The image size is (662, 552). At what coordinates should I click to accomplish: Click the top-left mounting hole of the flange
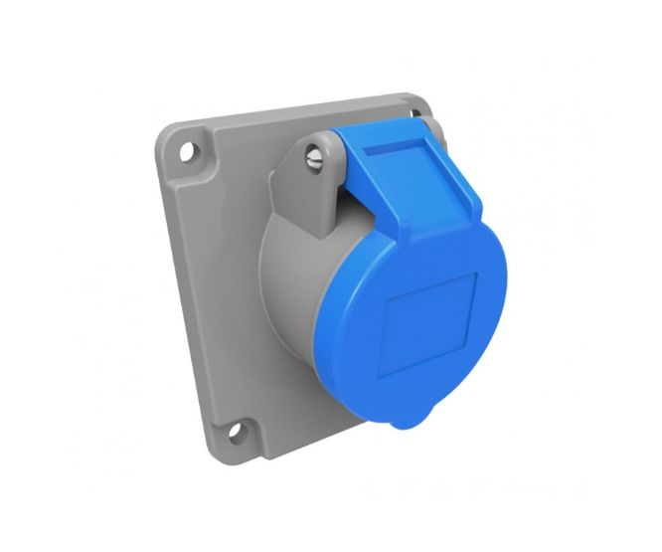click(186, 153)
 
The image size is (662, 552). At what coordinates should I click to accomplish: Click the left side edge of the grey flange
click(185, 298)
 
